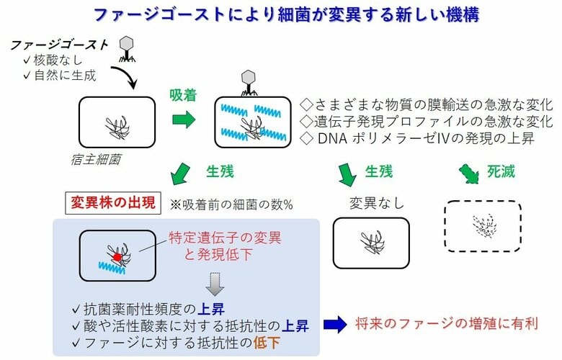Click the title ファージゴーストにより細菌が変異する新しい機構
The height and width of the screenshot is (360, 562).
coord(281,14)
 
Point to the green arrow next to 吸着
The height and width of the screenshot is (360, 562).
coord(183,120)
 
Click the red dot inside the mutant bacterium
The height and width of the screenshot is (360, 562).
coord(116,256)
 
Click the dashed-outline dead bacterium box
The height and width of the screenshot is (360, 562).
coord(482,225)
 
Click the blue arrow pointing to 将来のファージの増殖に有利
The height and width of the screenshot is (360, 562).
coord(335,325)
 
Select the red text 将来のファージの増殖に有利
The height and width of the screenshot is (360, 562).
coord(447,325)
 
